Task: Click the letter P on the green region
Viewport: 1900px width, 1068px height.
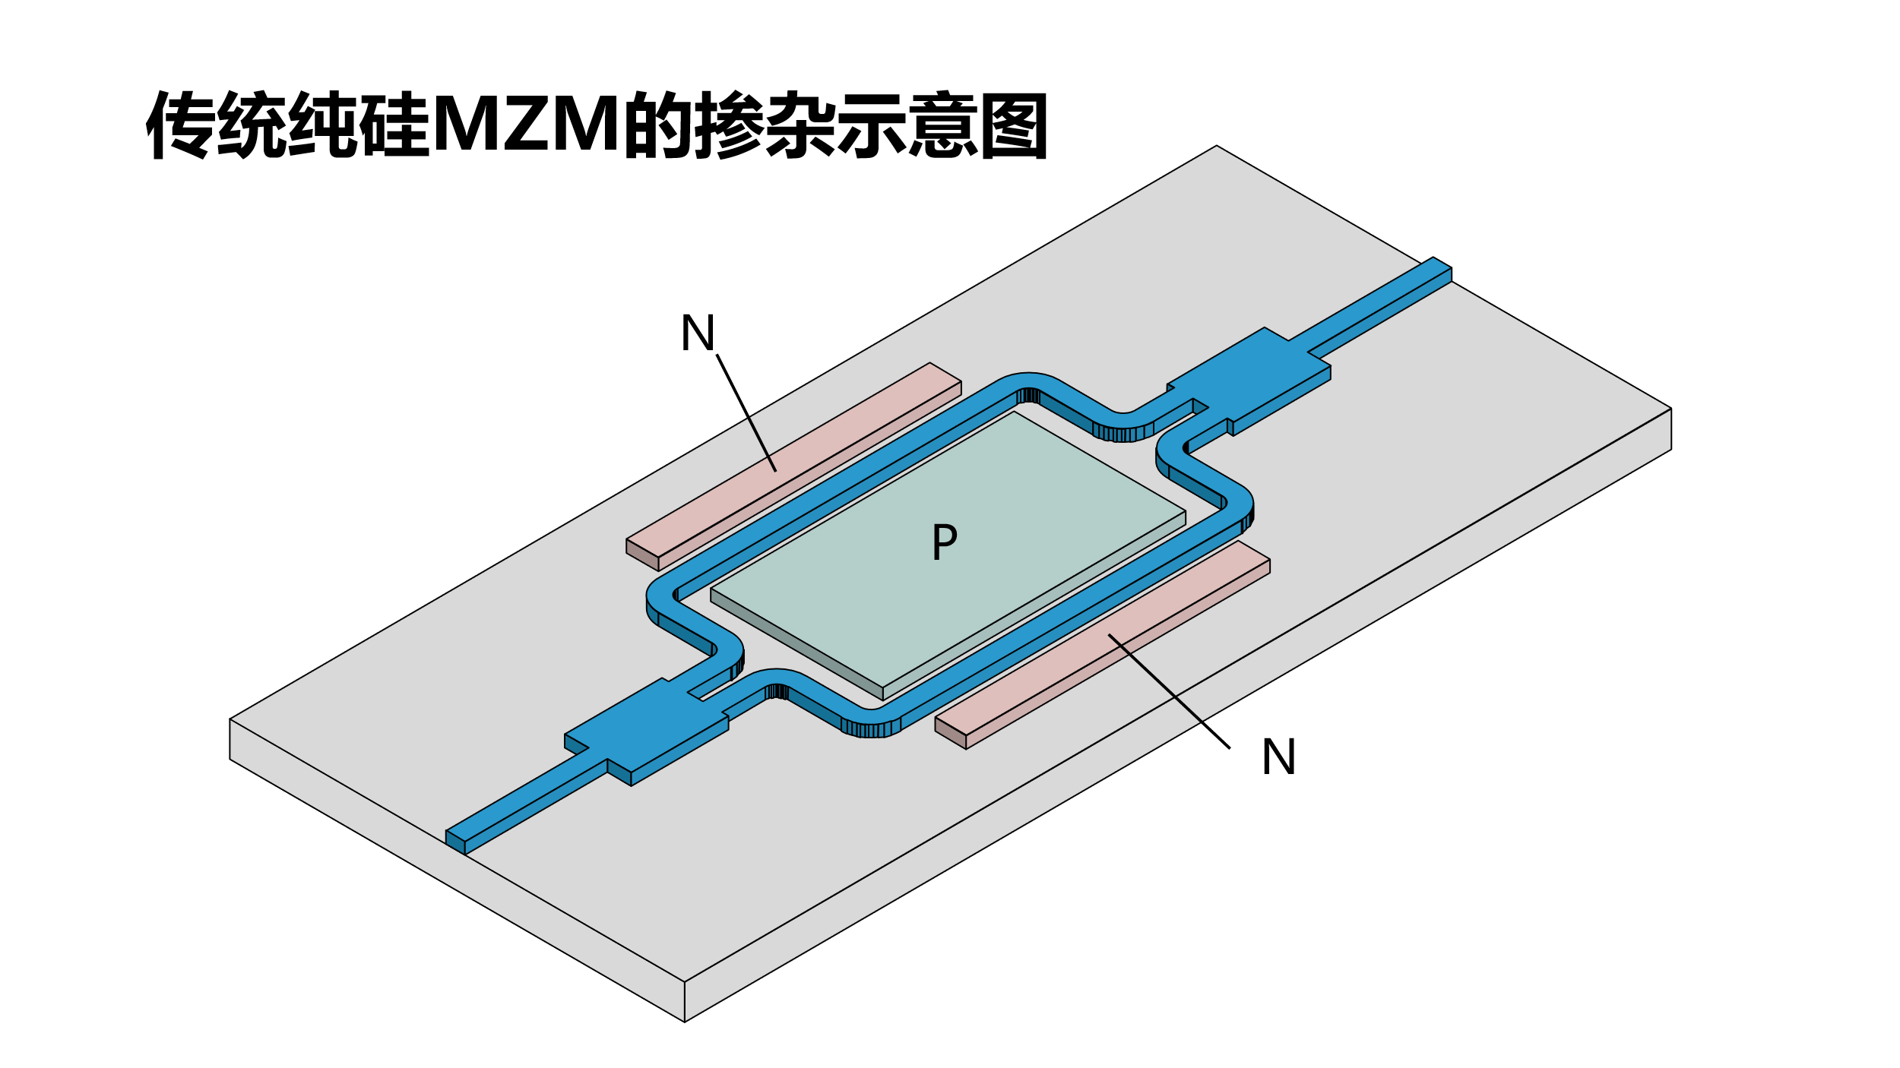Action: tap(944, 542)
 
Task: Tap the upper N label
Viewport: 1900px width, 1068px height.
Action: tap(698, 333)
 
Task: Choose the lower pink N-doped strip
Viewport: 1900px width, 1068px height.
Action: tap(1102, 646)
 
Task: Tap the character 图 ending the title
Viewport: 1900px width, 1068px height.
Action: tap(1014, 125)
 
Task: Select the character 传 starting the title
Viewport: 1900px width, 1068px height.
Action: tap(179, 125)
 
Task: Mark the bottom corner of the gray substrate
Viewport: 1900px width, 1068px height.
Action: tap(684, 1020)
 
